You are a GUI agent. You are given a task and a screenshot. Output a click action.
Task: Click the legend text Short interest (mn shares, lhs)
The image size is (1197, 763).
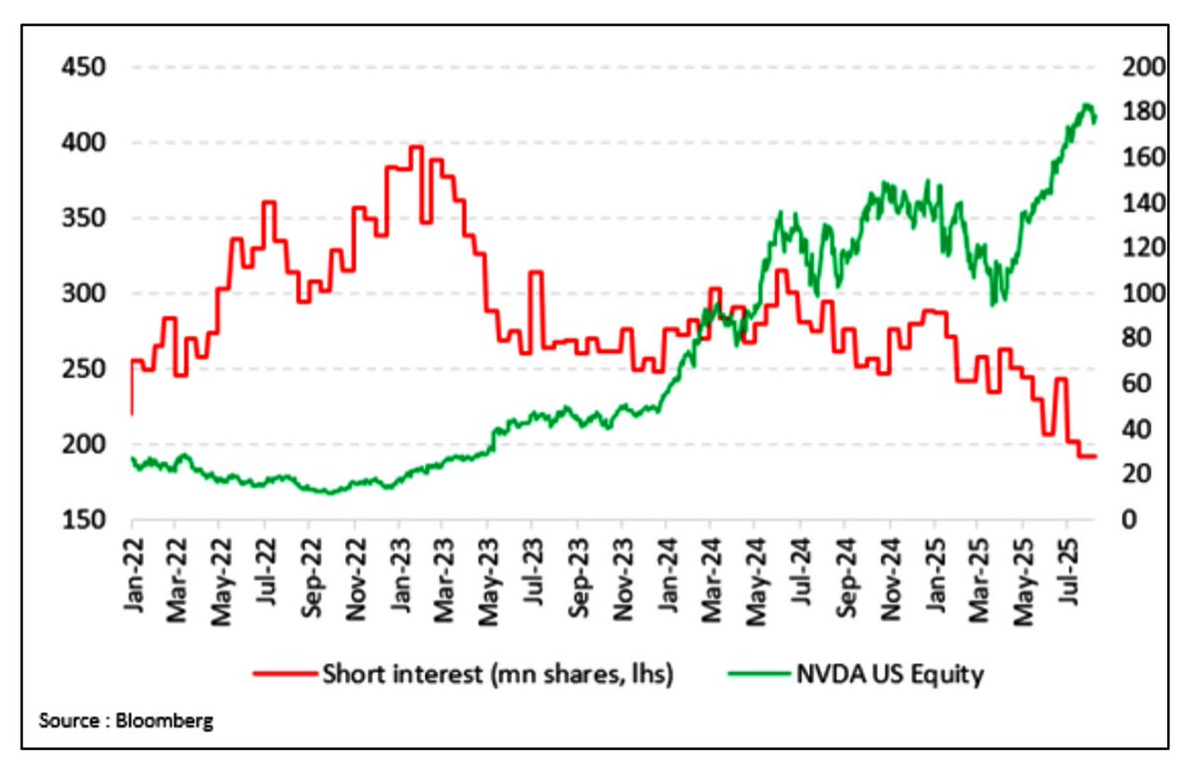point(498,674)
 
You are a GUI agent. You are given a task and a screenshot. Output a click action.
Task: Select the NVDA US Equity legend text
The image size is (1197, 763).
point(890,674)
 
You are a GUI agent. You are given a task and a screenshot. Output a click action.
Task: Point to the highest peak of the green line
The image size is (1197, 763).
point(1085,105)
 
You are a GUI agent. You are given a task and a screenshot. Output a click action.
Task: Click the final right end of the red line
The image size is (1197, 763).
point(1095,456)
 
